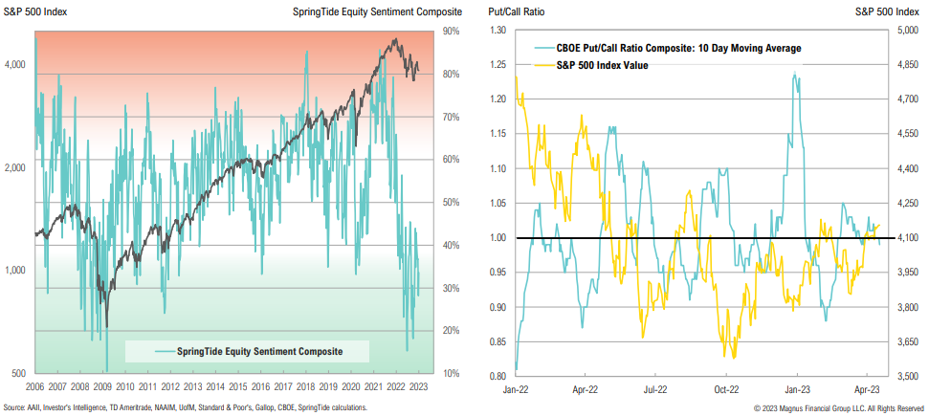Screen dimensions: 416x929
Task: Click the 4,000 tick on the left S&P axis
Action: tap(18, 65)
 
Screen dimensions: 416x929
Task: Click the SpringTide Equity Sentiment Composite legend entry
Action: tap(258, 351)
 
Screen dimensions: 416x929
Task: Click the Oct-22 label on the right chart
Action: tap(727, 390)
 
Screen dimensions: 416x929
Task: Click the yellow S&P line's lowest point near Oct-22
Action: tap(733, 358)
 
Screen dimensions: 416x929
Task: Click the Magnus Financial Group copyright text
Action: tap(838, 408)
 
